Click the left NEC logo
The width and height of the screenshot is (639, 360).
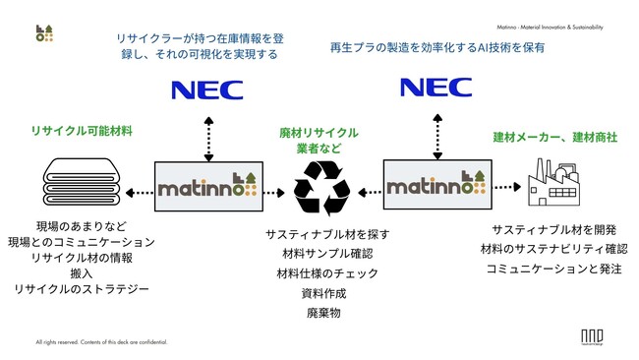206,90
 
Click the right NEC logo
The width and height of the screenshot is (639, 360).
435,87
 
